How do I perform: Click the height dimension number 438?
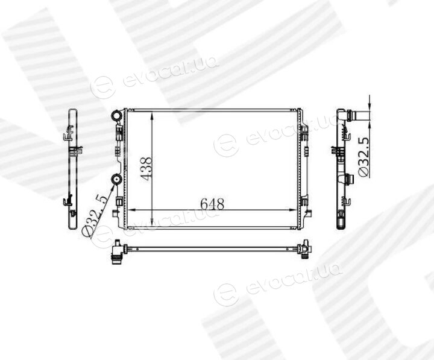pyautogui.click(x=146, y=169)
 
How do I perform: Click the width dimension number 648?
pyautogui.click(x=212, y=204)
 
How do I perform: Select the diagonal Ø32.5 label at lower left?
pyautogui.click(x=95, y=216)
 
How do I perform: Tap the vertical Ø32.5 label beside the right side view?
pyautogui.click(x=364, y=157)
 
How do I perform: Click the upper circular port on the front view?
pyautogui.click(x=116, y=115)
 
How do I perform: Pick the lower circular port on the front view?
pyautogui.click(x=116, y=180)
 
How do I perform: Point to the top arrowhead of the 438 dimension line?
pyautogui.click(x=152, y=116)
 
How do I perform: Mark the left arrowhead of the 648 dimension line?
pyautogui.click(x=132, y=210)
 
